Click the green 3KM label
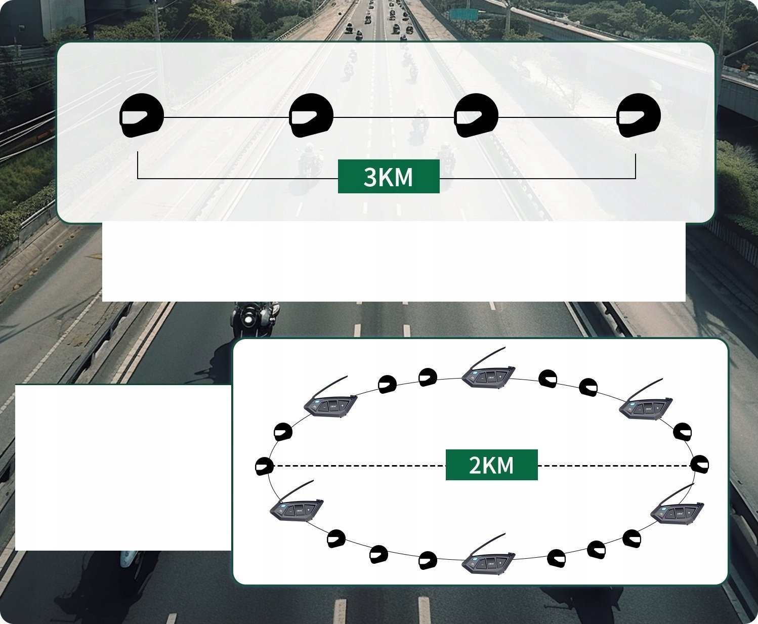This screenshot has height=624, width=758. click(x=389, y=177)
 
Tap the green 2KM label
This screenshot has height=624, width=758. click(x=491, y=465)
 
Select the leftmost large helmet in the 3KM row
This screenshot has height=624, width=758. click(x=142, y=115)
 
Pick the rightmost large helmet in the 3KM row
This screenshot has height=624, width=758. click(x=639, y=115)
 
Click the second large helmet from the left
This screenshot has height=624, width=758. click(x=311, y=115)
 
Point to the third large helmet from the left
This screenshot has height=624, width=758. click(x=476, y=115)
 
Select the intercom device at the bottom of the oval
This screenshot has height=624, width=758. click(x=488, y=554)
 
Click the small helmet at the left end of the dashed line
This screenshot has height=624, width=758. click(x=264, y=466)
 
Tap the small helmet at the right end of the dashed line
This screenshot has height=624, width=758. click(x=699, y=464)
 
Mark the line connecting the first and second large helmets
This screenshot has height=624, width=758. click(x=227, y=117)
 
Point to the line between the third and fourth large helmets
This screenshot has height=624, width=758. click(x=558, y=117)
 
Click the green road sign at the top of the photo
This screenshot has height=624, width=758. click(x=464, y=15)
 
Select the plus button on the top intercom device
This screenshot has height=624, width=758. click(x=499, y=377)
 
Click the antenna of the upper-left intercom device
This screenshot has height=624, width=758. click(x=329, y=388)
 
